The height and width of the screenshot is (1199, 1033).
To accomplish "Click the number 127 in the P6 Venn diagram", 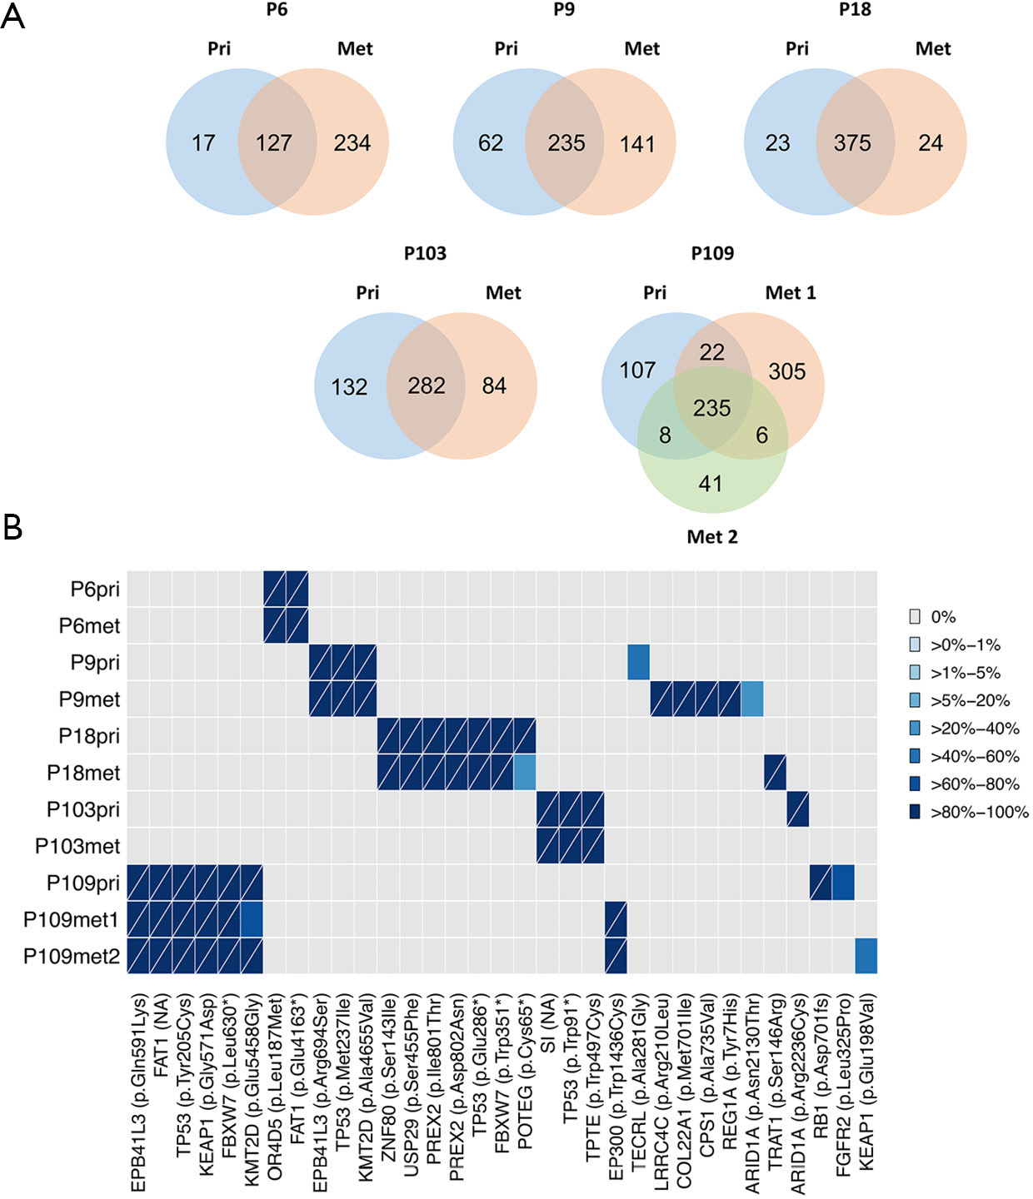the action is point(273,142).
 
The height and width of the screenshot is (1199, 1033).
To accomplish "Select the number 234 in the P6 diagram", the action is point(352,142).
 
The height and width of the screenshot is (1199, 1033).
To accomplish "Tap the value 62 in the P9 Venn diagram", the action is point(491,142).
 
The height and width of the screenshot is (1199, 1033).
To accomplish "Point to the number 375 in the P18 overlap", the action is point(852,142).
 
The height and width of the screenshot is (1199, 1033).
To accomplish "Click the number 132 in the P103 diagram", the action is point(349,387).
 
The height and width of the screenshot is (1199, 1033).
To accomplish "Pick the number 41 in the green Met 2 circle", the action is point(711,483).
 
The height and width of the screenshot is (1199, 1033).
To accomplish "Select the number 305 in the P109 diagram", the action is point(787,371).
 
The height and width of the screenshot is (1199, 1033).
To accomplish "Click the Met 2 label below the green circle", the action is point(712,536).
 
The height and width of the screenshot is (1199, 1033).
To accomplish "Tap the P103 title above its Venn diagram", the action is point(425,253).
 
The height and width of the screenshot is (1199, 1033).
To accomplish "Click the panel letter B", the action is point(12,527).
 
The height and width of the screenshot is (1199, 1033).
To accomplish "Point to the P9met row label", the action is point(89,699).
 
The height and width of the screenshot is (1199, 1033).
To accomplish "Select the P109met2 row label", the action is point(72,956).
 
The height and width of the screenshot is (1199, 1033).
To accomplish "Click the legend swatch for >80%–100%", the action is point(915,812).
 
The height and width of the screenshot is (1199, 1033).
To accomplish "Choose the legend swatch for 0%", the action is point(915,617).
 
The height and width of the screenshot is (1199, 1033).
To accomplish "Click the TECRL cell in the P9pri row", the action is point(638,662).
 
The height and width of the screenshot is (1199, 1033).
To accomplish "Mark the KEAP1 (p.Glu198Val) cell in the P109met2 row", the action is point(866,955).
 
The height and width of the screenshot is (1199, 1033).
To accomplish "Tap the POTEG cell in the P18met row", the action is point(525,772).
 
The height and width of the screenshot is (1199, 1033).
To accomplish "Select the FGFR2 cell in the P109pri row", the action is point(843,883).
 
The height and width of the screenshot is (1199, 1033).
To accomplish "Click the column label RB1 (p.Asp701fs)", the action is point(821,1074).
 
